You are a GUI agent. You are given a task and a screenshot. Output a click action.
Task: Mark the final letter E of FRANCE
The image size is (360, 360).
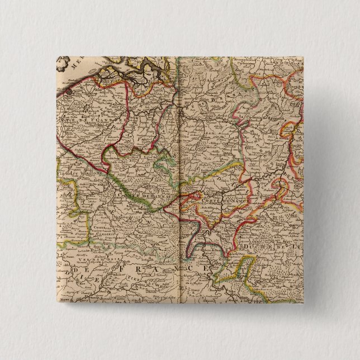[209, 268]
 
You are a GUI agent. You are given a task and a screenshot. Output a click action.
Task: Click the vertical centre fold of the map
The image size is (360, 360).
[180, 184]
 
